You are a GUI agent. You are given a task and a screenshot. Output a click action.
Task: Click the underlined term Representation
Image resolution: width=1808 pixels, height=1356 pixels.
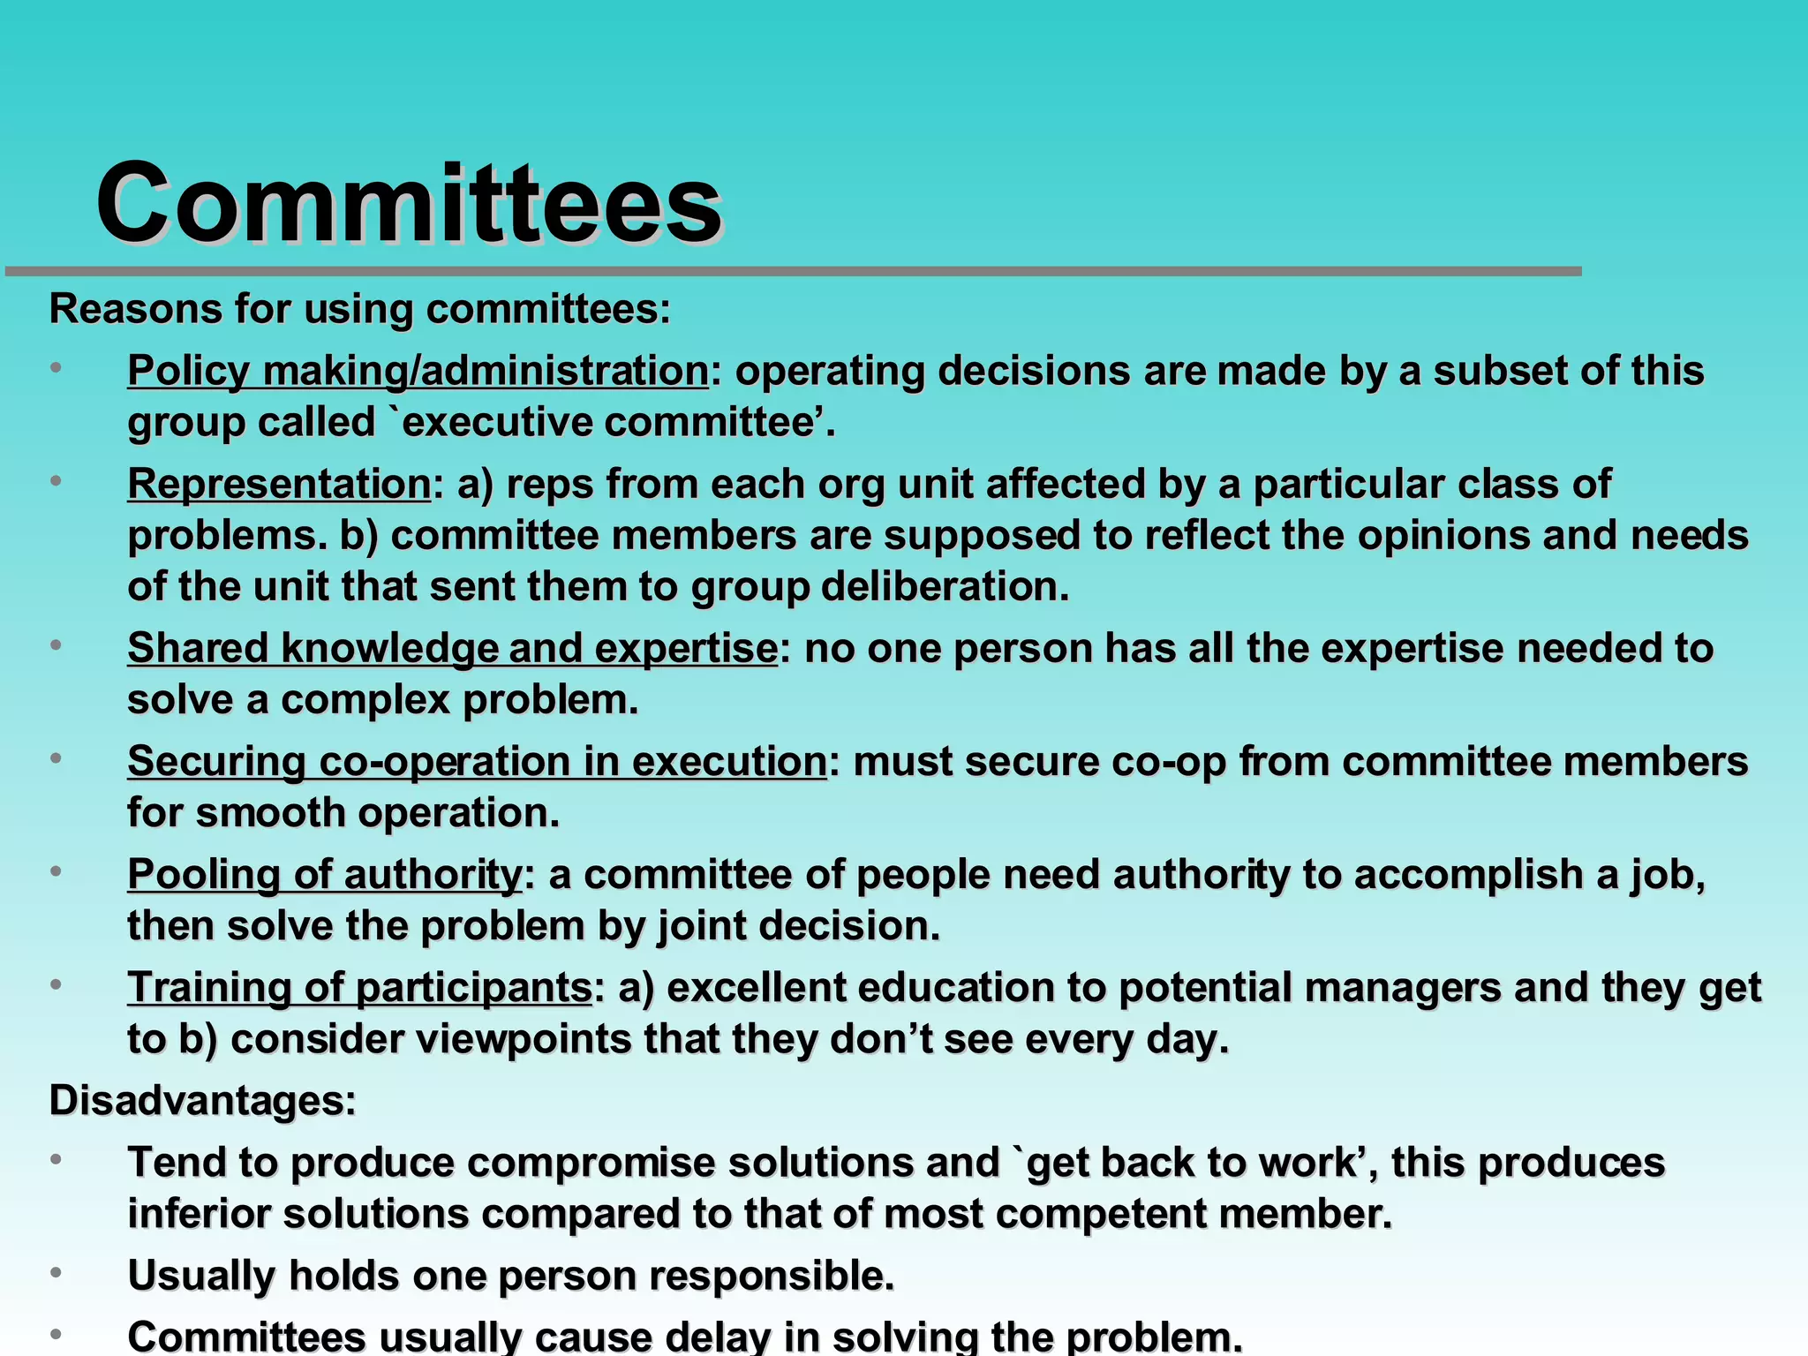tap(279, 484)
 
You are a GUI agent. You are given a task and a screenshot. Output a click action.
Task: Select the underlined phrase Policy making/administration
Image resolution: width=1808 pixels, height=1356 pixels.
tap(418, 371)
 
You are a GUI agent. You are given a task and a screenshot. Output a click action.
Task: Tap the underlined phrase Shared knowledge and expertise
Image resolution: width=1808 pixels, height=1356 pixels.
tap(452, 648)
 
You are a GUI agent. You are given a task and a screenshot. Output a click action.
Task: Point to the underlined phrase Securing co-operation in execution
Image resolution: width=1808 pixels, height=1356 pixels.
tap(477, 761)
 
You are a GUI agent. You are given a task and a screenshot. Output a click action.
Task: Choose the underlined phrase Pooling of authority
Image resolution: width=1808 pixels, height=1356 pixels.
tap(325, 874)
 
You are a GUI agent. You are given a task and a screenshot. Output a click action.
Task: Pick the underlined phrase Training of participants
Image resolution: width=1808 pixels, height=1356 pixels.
tap(359, 987)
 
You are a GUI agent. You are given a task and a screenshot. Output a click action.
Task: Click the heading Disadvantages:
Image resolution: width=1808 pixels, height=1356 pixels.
tap(202, 1100)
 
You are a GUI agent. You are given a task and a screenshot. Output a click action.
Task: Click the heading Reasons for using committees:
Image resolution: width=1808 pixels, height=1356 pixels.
tap(359, 309)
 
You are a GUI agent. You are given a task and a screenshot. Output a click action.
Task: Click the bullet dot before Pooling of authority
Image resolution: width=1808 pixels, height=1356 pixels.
tap(56, 871)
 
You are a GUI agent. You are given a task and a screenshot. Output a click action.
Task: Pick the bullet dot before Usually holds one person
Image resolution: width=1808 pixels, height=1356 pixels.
tap(56, 1273)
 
